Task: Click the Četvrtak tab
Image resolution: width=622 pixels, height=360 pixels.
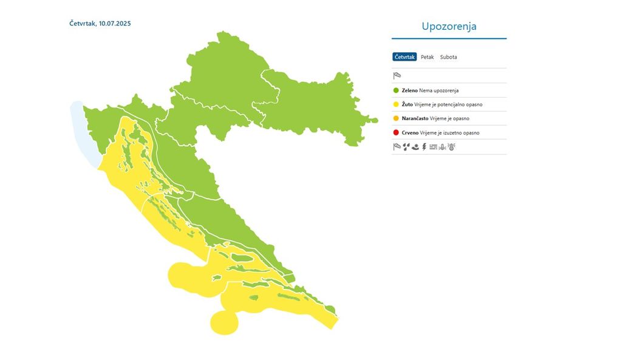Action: click(x=405, y=57)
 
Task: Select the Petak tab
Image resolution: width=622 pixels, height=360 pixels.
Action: click(x=427, y=57)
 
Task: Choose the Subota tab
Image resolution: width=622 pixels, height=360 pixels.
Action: click(x=448, y=57)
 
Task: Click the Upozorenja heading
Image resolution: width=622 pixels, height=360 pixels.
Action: click(x=449, y=27)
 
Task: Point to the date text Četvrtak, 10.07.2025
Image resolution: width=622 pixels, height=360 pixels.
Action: click(x=100, y=24)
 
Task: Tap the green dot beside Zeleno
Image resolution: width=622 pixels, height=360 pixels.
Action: click(x=396, y=90)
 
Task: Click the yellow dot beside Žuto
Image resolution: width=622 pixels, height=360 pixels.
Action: click(x=396, y=104)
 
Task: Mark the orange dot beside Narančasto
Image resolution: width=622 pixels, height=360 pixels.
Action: click(x=396, y=118)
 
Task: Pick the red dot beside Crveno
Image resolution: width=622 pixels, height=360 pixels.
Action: click(x=396, y=132)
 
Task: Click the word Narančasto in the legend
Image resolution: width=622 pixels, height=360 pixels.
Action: click(x=415, y=118)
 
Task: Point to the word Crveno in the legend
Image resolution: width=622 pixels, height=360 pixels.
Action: click(x=410, y=132)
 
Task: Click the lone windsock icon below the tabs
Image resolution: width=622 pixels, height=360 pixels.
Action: click(x=397, y=76)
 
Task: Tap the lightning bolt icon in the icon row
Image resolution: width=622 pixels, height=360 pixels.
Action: click(x=424, y=147)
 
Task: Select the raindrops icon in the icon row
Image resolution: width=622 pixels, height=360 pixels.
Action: click(x=406, y=147)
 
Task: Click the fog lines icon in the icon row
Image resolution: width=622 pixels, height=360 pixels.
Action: click(x=433, y=147)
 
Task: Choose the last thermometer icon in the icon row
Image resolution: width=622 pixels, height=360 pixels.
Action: click(x=451, y=147)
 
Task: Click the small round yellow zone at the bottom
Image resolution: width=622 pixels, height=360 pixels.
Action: click(x=225, y=322)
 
